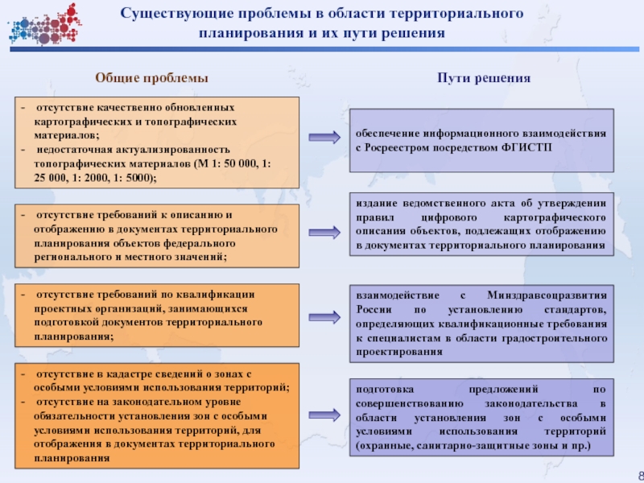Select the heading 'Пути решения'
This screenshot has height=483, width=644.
(484, 78)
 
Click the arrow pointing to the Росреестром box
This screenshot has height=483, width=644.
(324, 138)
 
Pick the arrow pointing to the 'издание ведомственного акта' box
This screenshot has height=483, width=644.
(324, 225)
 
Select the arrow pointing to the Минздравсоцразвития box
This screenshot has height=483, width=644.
(324, 316)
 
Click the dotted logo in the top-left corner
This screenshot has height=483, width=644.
(44, 24)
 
